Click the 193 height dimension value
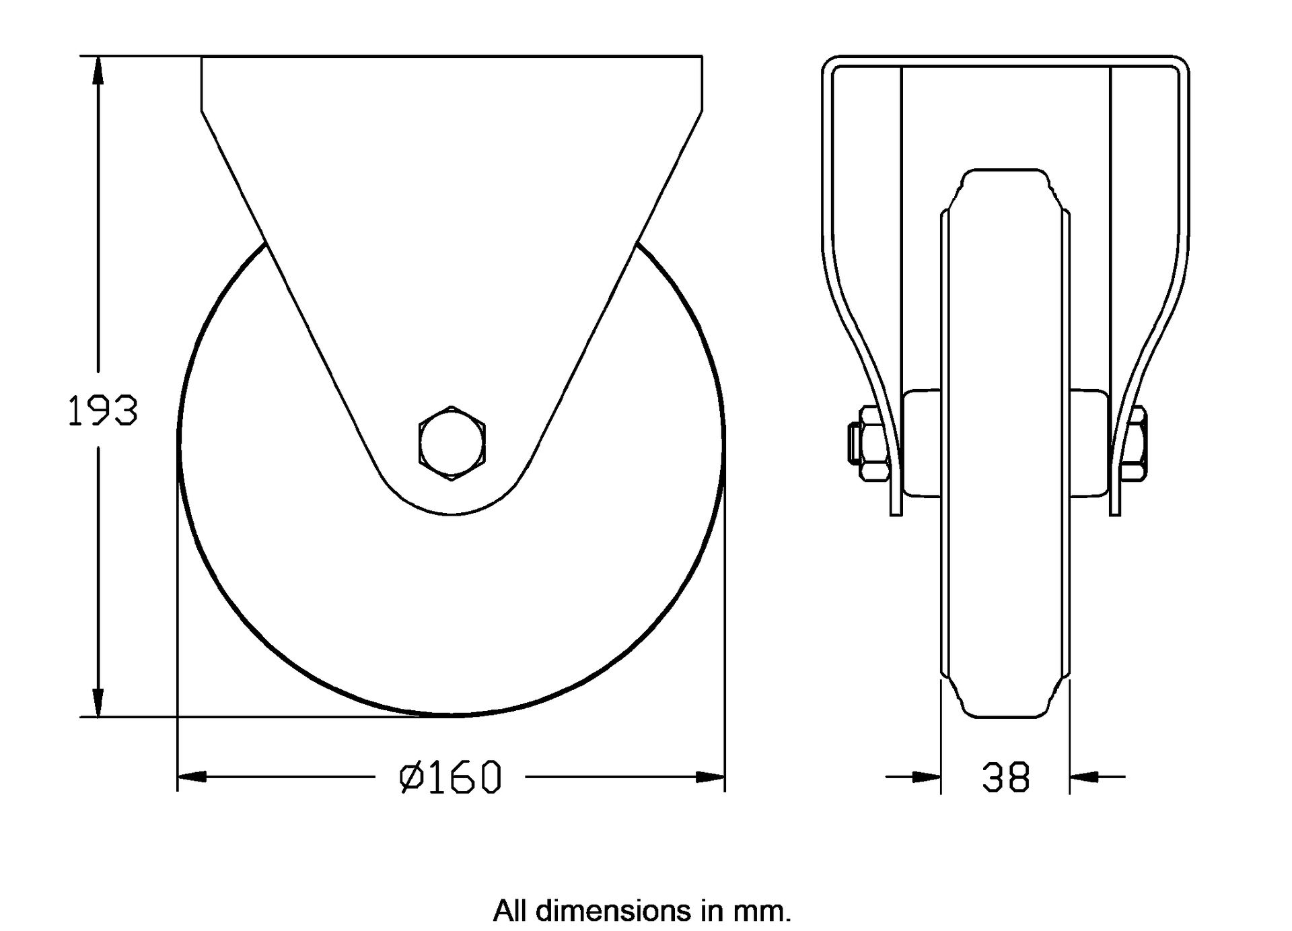click(102, 411)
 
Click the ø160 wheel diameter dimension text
click(450, 778)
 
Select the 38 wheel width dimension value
click(1005, 778)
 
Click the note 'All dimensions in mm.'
click(642, 911)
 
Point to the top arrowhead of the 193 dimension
click(98, 70)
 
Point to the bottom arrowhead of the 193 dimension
click(98, 703)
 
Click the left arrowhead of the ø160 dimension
click(192, 778)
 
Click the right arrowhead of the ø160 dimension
click(711, 778)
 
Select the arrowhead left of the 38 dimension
click(927, 778)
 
